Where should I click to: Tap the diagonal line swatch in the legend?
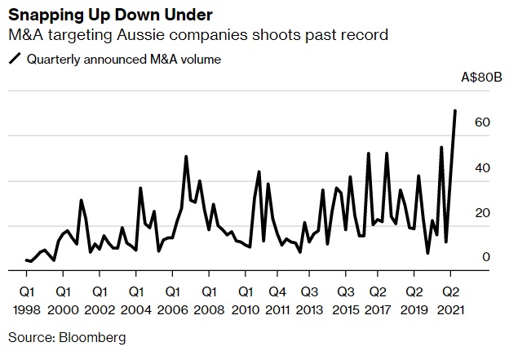tap(15, 59)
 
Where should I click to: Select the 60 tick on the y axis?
tap(482, 122)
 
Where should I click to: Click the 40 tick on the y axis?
tap(482, 167)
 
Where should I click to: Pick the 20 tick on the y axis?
tap(482, 212)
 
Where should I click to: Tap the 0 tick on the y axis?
tap(485, 257)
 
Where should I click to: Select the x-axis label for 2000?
tap(63, 310)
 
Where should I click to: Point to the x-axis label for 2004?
tap(135, 310)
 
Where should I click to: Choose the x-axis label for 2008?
tap(208, 310)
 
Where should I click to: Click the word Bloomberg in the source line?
tap(92, 336)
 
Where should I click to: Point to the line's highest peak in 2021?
tap(454, 110)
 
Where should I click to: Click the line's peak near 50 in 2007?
tap(186, 157)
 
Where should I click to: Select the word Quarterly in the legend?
tap(53, 59)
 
